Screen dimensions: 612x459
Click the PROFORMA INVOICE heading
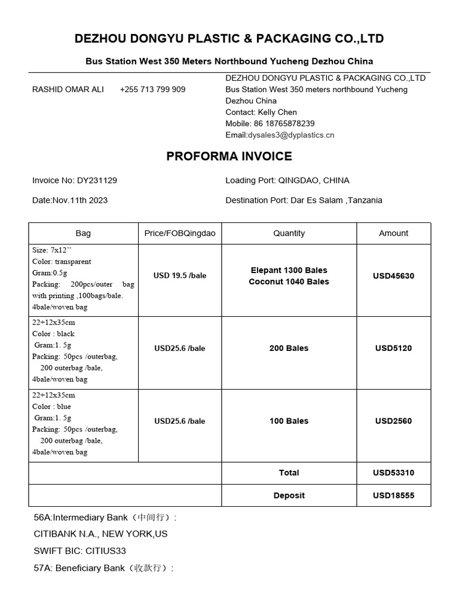point(229,157)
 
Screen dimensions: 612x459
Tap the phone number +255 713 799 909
point(152,89)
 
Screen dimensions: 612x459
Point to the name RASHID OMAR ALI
point(68,89)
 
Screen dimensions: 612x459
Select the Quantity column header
point(289,234)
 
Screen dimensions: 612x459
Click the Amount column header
point(393,234)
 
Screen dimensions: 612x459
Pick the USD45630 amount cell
point(393,276)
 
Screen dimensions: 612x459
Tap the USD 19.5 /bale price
point(179,276)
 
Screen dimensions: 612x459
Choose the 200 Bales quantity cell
point(289,348)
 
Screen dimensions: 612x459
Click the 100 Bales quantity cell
point(289,421)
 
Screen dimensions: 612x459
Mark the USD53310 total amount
point(393,473)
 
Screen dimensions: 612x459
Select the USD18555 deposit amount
point(393,495)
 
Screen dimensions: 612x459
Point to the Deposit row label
point(289,495)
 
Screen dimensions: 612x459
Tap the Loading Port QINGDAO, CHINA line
point(287,180)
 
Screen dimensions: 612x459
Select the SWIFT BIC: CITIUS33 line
point(80,551)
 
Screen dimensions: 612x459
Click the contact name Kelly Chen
point(277,112)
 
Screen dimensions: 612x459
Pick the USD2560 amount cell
point(393,421)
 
